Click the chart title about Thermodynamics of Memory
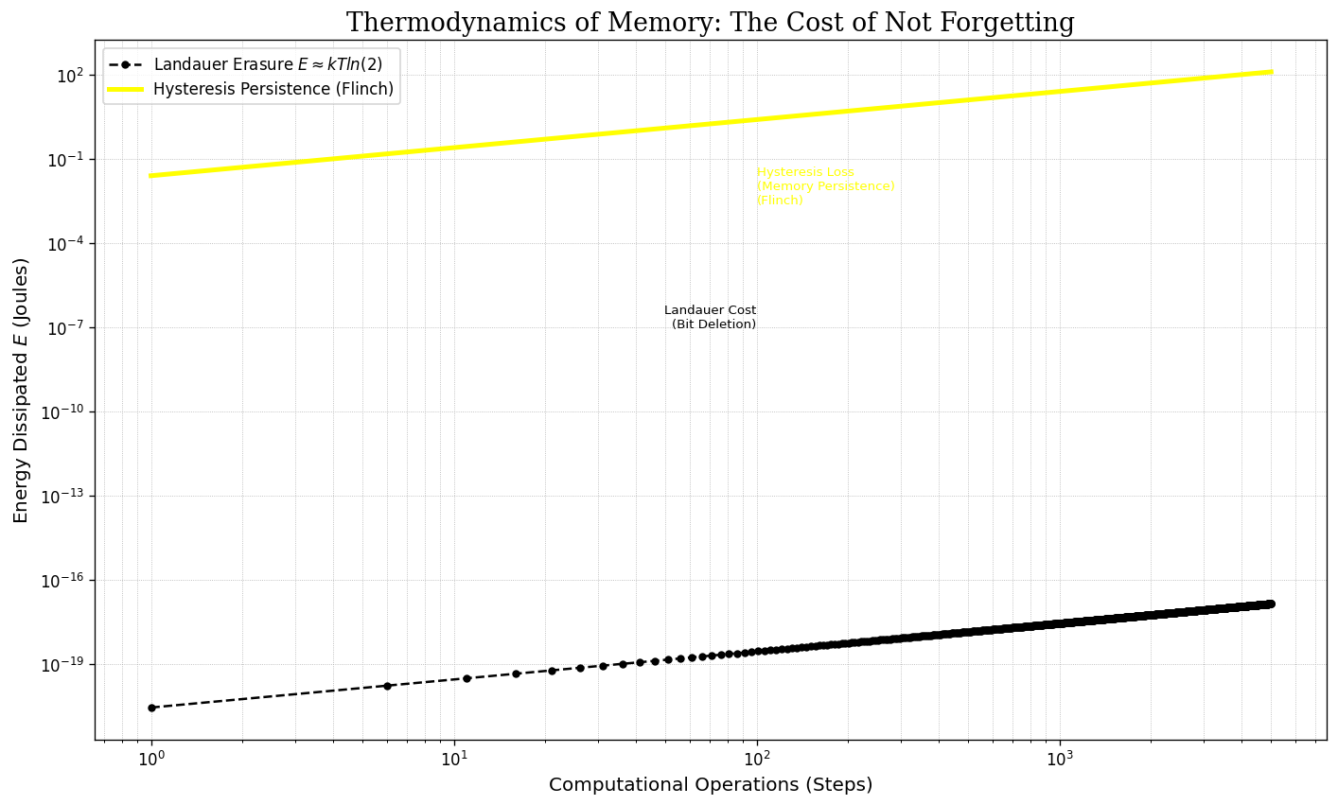[710, 23]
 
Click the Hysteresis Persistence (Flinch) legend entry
[273, 89]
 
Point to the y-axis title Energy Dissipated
[21, 390]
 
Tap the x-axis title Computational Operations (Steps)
[711, 785]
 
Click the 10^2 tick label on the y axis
[70, 75]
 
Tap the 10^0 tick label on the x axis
[151, 759]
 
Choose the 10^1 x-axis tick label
[454, 759]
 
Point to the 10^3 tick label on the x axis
[1059, 759]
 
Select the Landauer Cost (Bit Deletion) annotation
[711, 318]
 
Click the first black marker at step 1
[151, 708]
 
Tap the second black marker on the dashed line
[387, 686]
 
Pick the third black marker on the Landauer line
[467, 678]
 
